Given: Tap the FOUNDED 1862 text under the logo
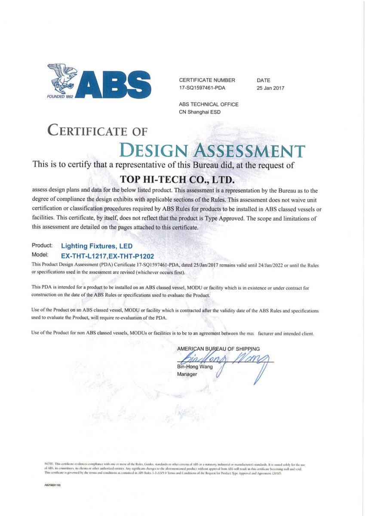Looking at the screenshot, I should [x=60, y=96].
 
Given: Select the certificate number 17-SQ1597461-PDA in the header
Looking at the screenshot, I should [x=202, y=88].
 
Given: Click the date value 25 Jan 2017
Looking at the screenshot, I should [x=270, y=88].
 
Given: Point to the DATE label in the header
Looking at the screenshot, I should [x=264, y=80].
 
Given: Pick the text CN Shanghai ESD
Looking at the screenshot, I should [x=200, y=112].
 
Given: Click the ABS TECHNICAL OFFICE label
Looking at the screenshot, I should [x=209, y=104].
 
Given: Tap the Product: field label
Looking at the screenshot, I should [x=42, y=246].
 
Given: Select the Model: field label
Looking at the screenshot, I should [x=41, y=255].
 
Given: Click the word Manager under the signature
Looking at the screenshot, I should [x=187, y=375].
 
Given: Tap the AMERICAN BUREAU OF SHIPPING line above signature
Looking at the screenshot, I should [x=218, y=349].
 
